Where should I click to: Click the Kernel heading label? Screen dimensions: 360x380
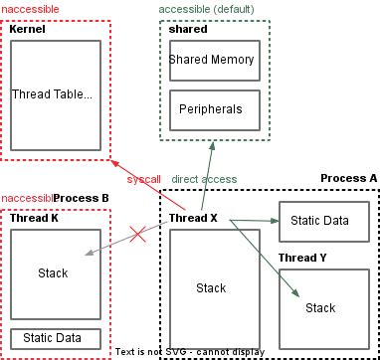[27, 30]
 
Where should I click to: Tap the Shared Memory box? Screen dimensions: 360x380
[212, 61]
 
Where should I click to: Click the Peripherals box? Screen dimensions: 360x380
[212, 108]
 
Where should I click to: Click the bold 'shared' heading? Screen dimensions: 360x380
[188, 30]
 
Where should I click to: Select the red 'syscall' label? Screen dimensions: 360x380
[144, 179]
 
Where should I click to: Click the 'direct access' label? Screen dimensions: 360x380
[205, 179]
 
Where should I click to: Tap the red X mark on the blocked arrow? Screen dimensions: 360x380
[138, 237]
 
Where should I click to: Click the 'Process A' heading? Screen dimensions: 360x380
[348, 178]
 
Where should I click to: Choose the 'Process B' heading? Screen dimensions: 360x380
[82, 198]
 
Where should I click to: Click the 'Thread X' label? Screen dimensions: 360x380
[193, 218]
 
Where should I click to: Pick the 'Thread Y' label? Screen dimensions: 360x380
[302, 258]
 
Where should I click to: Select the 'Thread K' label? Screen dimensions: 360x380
[34, 218]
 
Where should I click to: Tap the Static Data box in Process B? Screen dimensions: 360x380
[55, 338]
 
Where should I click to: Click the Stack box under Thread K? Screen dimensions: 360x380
[55, 271]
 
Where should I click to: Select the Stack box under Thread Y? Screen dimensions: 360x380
[320, 307]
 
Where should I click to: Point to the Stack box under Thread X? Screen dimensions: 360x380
[211, 287]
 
